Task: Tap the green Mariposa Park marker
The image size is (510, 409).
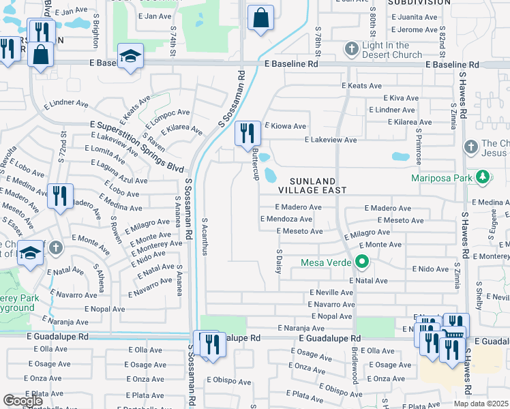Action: pos(483,178)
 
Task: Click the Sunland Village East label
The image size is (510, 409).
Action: pos(317,185)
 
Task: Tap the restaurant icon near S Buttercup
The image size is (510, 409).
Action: pos(247,133)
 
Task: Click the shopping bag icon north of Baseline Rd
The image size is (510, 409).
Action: pos(260,18)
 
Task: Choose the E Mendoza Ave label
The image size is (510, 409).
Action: pos(286,219)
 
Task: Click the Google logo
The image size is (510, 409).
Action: pos(22,401)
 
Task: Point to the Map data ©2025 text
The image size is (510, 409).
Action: pos(481,404)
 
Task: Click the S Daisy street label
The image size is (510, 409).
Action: pos(279,259)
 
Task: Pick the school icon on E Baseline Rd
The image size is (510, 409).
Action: pos(130,57)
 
